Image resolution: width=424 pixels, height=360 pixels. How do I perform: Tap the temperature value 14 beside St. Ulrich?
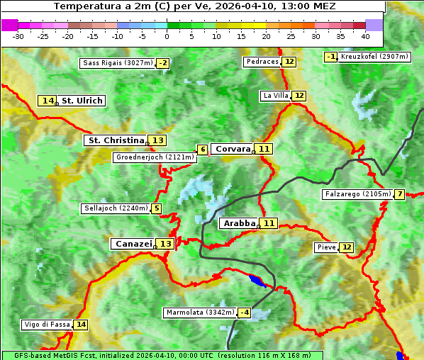[48, 101]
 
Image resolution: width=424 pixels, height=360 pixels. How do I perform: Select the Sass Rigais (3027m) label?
[117, 63]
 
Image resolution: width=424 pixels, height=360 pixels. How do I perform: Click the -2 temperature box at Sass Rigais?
[163, 63]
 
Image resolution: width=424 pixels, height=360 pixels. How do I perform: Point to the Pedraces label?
[262, 62]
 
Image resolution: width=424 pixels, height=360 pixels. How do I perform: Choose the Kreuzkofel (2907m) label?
[374, 57]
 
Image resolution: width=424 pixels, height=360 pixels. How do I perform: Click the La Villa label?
[275, 96]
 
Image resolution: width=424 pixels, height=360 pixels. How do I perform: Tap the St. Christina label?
[116, 140]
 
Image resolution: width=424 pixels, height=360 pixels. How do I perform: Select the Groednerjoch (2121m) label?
[155, 157]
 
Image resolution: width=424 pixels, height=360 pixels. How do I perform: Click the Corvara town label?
[233, 149]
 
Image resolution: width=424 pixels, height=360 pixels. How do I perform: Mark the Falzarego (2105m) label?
[357, 194]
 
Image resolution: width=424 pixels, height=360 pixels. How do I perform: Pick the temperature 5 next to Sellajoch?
[156, 208]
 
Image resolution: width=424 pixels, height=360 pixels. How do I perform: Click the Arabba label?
[239, 223]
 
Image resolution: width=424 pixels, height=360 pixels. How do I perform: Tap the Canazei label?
[133, 244]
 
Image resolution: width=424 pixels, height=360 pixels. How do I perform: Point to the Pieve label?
[326, 247]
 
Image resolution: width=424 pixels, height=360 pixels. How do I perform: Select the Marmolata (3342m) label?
[199, 313]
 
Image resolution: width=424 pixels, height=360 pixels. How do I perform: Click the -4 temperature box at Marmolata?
[245, 313]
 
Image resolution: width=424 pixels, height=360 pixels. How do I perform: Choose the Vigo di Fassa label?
[47, 325]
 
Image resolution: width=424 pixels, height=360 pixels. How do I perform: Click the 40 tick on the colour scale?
[365, 35]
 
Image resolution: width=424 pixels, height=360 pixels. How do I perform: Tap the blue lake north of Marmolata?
[258, 281]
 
